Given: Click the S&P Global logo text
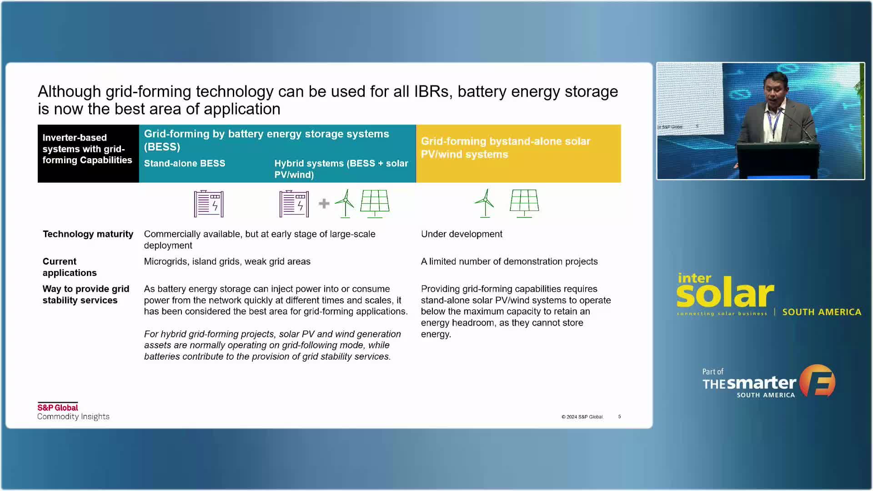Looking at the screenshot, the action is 58,407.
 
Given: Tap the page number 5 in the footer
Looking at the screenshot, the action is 619,416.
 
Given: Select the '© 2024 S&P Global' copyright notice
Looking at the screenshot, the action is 582,416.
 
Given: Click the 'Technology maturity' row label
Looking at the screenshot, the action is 88,234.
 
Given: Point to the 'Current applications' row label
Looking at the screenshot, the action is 70,267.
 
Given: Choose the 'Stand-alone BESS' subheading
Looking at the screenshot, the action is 185,163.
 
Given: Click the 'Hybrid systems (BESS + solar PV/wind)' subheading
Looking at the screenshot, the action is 341,169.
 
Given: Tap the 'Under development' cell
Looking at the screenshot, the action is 462,234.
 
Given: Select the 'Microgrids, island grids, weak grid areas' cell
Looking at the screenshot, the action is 227,261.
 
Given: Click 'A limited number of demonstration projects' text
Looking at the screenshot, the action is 509,261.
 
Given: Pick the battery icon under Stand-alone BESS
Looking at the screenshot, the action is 209,203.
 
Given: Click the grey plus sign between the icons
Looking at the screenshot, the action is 324,203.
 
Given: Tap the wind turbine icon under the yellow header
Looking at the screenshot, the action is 485,203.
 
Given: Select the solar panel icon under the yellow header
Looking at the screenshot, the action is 524,203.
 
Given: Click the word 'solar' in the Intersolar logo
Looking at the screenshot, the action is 725,293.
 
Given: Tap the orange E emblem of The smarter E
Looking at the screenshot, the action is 818,381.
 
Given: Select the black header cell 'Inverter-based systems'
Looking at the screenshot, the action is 88,154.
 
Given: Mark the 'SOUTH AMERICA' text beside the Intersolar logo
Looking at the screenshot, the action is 822,312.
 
